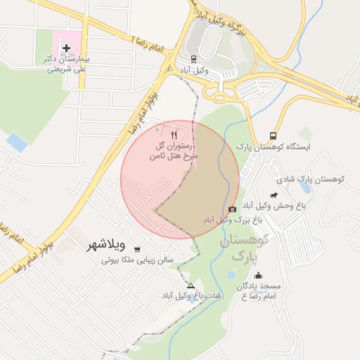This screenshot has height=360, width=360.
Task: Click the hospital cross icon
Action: tap(67, 49)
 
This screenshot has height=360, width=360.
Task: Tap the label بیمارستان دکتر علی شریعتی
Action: tap(67, 65)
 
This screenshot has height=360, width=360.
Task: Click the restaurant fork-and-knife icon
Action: tap(174, 134)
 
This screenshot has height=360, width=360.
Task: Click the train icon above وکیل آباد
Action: tap(194, 59)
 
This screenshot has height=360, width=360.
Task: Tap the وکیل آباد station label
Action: tap(194, 71)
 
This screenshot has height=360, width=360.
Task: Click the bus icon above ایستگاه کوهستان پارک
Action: tap(273, 136)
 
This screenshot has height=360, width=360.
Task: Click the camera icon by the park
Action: tap(232, 209)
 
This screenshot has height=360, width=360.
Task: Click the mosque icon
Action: tap(258, 276)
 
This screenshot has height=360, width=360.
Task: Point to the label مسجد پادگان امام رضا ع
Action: tap(258, 292)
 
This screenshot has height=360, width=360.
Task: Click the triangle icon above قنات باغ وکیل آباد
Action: tap(191, 285)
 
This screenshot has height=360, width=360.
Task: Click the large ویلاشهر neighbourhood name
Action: tap(105, 245)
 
